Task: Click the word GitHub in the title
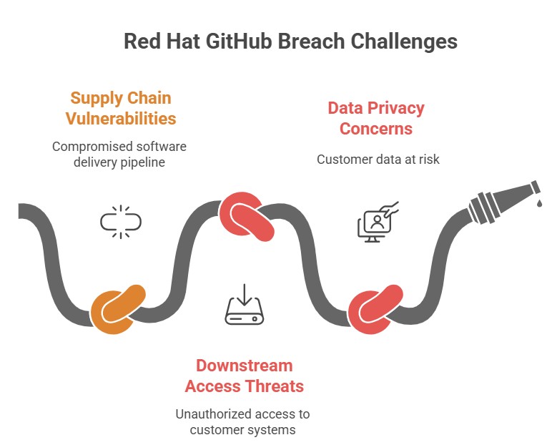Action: [235, 41]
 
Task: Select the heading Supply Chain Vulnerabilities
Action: [120, 107]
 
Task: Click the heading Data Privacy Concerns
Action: [375, 118]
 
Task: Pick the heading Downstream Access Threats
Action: [244, 376]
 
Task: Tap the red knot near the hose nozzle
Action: [373, 309]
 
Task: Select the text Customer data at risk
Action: [378, 159]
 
